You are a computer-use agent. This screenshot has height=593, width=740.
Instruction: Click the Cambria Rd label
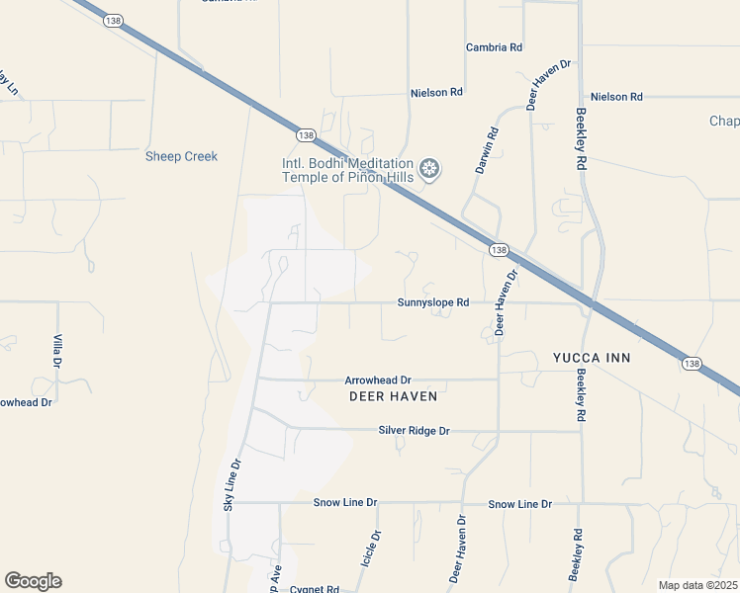tap(494, 47)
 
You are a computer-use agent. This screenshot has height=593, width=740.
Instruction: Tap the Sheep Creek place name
tap(181, 156)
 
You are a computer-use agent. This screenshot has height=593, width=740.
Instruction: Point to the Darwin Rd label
tap(486, 151)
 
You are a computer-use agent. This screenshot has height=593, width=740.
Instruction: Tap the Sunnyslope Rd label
tap(432, 303)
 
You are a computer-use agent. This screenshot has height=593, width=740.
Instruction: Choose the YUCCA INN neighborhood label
tap(592, 357)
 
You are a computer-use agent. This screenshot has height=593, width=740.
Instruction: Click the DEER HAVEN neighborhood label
tap(393, 396)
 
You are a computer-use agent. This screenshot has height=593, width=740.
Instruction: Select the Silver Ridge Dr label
tap(414, 431)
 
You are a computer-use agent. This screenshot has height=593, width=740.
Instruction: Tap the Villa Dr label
tap(58, 352)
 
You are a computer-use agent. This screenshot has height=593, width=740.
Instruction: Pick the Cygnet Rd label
tap(315, 588)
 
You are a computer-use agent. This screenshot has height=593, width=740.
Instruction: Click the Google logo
tap(33, 581)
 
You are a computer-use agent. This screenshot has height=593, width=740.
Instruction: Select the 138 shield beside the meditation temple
tap(305, 135)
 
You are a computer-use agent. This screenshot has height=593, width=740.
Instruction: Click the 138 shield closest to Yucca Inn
tap(691, 364)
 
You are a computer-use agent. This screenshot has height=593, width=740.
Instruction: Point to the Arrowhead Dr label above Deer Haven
tap(377, 380)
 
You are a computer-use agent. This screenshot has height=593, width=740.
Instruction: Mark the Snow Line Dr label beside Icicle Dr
tap(345, 503)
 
